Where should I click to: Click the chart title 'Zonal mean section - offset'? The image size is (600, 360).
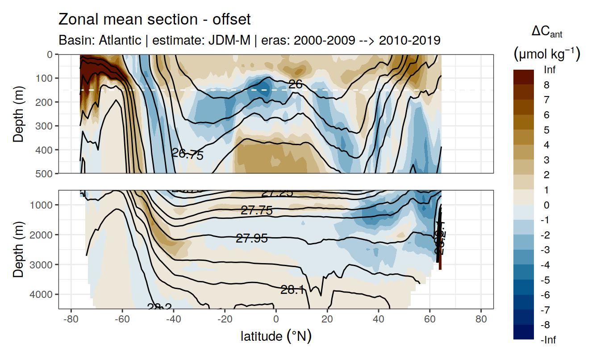(x=154, y=20)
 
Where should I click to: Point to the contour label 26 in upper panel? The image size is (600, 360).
(x=296, y=84)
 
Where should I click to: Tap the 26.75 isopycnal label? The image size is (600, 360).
(x=187, y=155)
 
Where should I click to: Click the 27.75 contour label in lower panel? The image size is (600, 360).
(x=257, y=210)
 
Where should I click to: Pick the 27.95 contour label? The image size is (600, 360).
(x=252, y=239)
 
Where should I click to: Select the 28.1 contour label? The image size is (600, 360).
(x=292, y=290)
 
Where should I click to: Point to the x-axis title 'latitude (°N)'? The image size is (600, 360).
(x=276, y=336)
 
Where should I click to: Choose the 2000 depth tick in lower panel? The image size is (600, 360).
(x=41, y=234)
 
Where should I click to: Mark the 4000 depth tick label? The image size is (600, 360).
(x=41, y=294)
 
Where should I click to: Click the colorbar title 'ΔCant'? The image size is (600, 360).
(x=546, y=32)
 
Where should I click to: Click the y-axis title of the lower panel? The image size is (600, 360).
(x=18, y=249)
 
